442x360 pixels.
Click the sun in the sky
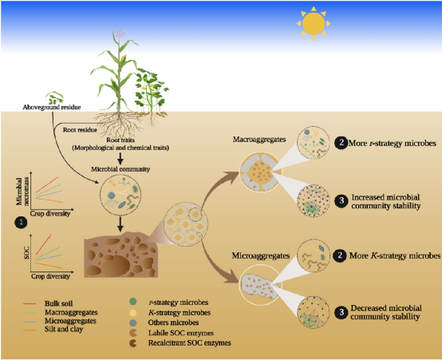pos(314,24)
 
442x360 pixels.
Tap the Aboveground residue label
pos(52,107)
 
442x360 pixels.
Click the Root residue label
pos(80,130)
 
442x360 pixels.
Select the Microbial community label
pos(120,169)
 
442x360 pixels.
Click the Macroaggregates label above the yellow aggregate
pos(259,140)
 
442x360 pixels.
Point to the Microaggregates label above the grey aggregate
pos(261,255)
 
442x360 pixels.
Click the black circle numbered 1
pos(21,223)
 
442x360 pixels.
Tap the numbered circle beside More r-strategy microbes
pos(341,143)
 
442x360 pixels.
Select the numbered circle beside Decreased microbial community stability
pos(341,312)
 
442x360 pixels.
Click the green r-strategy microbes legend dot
pos(132,302)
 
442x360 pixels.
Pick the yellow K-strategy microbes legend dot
pos(132,313)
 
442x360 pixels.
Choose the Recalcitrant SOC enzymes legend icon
pos(132,343)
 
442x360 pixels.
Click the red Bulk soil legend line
pos(30,304)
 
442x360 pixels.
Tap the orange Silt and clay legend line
pos(30,330)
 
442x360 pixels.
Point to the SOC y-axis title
pos(26,253)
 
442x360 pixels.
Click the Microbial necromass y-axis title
pos(23,191)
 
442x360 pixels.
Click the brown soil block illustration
pos(121,255)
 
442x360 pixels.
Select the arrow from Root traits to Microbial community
pos(120,159)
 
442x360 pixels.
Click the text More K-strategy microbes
pos(395,255)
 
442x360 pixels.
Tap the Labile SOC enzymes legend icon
pos(132,333)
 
